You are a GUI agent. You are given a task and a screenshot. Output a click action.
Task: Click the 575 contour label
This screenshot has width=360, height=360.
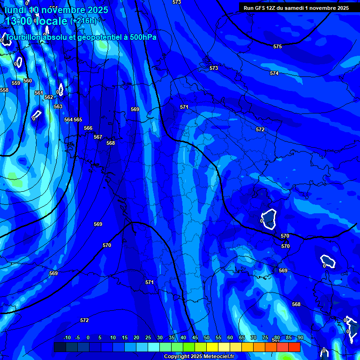tap(277, 46)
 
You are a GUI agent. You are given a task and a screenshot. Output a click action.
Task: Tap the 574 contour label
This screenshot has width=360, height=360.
tap(274, 73)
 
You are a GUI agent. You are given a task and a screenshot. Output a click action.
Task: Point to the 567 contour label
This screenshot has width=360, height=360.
tap(98, 137)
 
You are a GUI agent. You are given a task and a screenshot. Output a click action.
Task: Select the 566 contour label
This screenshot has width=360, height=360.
tap(88, 128)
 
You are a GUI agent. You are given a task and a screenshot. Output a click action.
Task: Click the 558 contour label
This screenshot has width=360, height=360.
tap(4, 90)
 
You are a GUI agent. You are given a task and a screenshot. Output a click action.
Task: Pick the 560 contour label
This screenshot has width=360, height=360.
tap(28, 81)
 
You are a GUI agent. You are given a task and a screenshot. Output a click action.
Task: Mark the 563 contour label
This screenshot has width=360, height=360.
tap(58, 106)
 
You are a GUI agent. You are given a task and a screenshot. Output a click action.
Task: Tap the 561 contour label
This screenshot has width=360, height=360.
tap(39, 93)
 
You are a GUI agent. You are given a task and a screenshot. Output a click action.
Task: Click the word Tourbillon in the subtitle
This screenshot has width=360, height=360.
tap(24, 37)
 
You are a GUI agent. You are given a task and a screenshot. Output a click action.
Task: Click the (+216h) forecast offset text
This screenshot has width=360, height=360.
tap(83, 21)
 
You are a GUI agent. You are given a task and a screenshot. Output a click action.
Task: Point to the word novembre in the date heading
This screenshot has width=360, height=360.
tap(63, 10)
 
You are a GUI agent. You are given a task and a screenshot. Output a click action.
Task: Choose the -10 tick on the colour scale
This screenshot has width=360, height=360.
tap(67, 337)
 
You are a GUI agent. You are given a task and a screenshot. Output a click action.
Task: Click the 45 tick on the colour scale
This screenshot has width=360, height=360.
tap(195, 337)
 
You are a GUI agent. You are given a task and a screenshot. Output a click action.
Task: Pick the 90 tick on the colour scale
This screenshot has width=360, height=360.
tap(300, 337)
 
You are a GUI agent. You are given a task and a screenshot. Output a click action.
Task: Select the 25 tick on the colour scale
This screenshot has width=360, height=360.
tap(148, 337)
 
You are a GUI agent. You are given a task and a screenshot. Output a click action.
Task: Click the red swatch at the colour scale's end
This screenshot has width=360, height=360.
tap(294, 347)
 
